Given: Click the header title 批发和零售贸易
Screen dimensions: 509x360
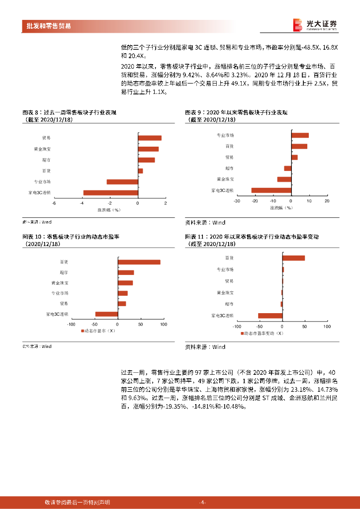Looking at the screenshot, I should click(48, 26).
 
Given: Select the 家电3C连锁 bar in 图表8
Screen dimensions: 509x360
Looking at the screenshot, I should click(110, 193).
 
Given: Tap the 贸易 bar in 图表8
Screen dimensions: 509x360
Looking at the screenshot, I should click(150, 138).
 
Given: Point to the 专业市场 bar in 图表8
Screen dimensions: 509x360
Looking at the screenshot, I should click(122, 182).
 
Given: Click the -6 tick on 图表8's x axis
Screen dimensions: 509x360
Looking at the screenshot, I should click(54, 203).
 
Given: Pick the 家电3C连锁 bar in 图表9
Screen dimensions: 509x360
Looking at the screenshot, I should click(271, 190).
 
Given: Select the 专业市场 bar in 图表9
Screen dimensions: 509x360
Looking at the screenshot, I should click(300, 135).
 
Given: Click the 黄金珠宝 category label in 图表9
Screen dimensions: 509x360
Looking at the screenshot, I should click(225, 179).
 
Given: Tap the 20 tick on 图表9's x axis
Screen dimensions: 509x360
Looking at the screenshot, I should click(327, 201).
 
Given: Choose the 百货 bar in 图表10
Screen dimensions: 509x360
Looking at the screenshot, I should click(139, 262).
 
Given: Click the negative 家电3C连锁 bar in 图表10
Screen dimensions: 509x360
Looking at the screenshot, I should click(106, 314).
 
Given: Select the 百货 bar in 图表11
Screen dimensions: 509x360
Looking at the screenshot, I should click(293, 258).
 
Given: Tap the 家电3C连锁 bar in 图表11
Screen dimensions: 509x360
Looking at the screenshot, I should click(270, 316).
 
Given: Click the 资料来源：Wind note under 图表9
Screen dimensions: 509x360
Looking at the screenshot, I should click(205, 223).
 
